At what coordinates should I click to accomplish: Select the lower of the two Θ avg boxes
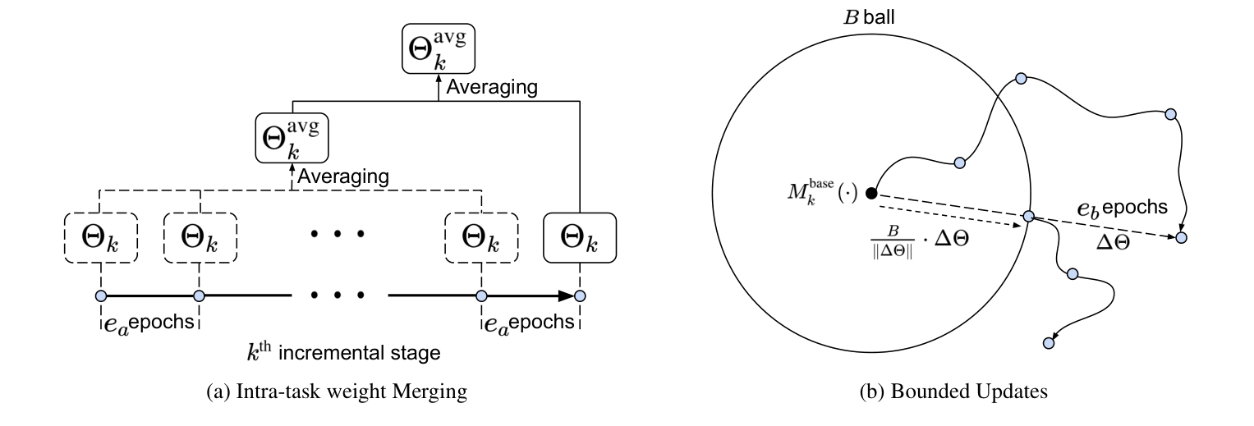pos(292,138)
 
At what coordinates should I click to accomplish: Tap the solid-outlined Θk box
pos(580,238)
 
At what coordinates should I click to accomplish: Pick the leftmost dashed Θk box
pos(100,238)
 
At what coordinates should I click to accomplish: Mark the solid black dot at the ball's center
pos(872,194)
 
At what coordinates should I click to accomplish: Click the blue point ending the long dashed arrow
pos(1181,237)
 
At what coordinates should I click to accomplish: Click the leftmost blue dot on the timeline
pos(100,295)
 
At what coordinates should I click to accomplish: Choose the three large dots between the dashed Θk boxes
pos(337,234)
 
